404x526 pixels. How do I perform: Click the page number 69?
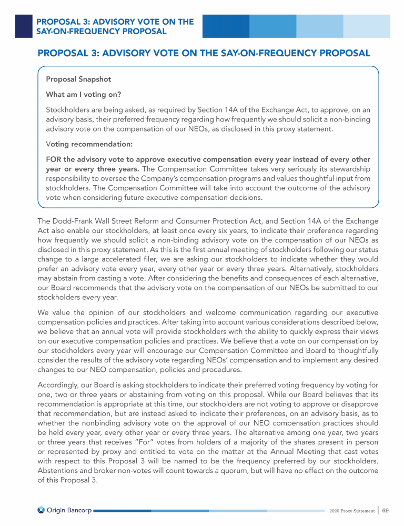(x=385, y=510)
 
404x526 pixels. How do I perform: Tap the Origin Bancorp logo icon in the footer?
(x=41, y=510)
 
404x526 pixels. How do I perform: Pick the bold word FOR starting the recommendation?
(x=54, y=159)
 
